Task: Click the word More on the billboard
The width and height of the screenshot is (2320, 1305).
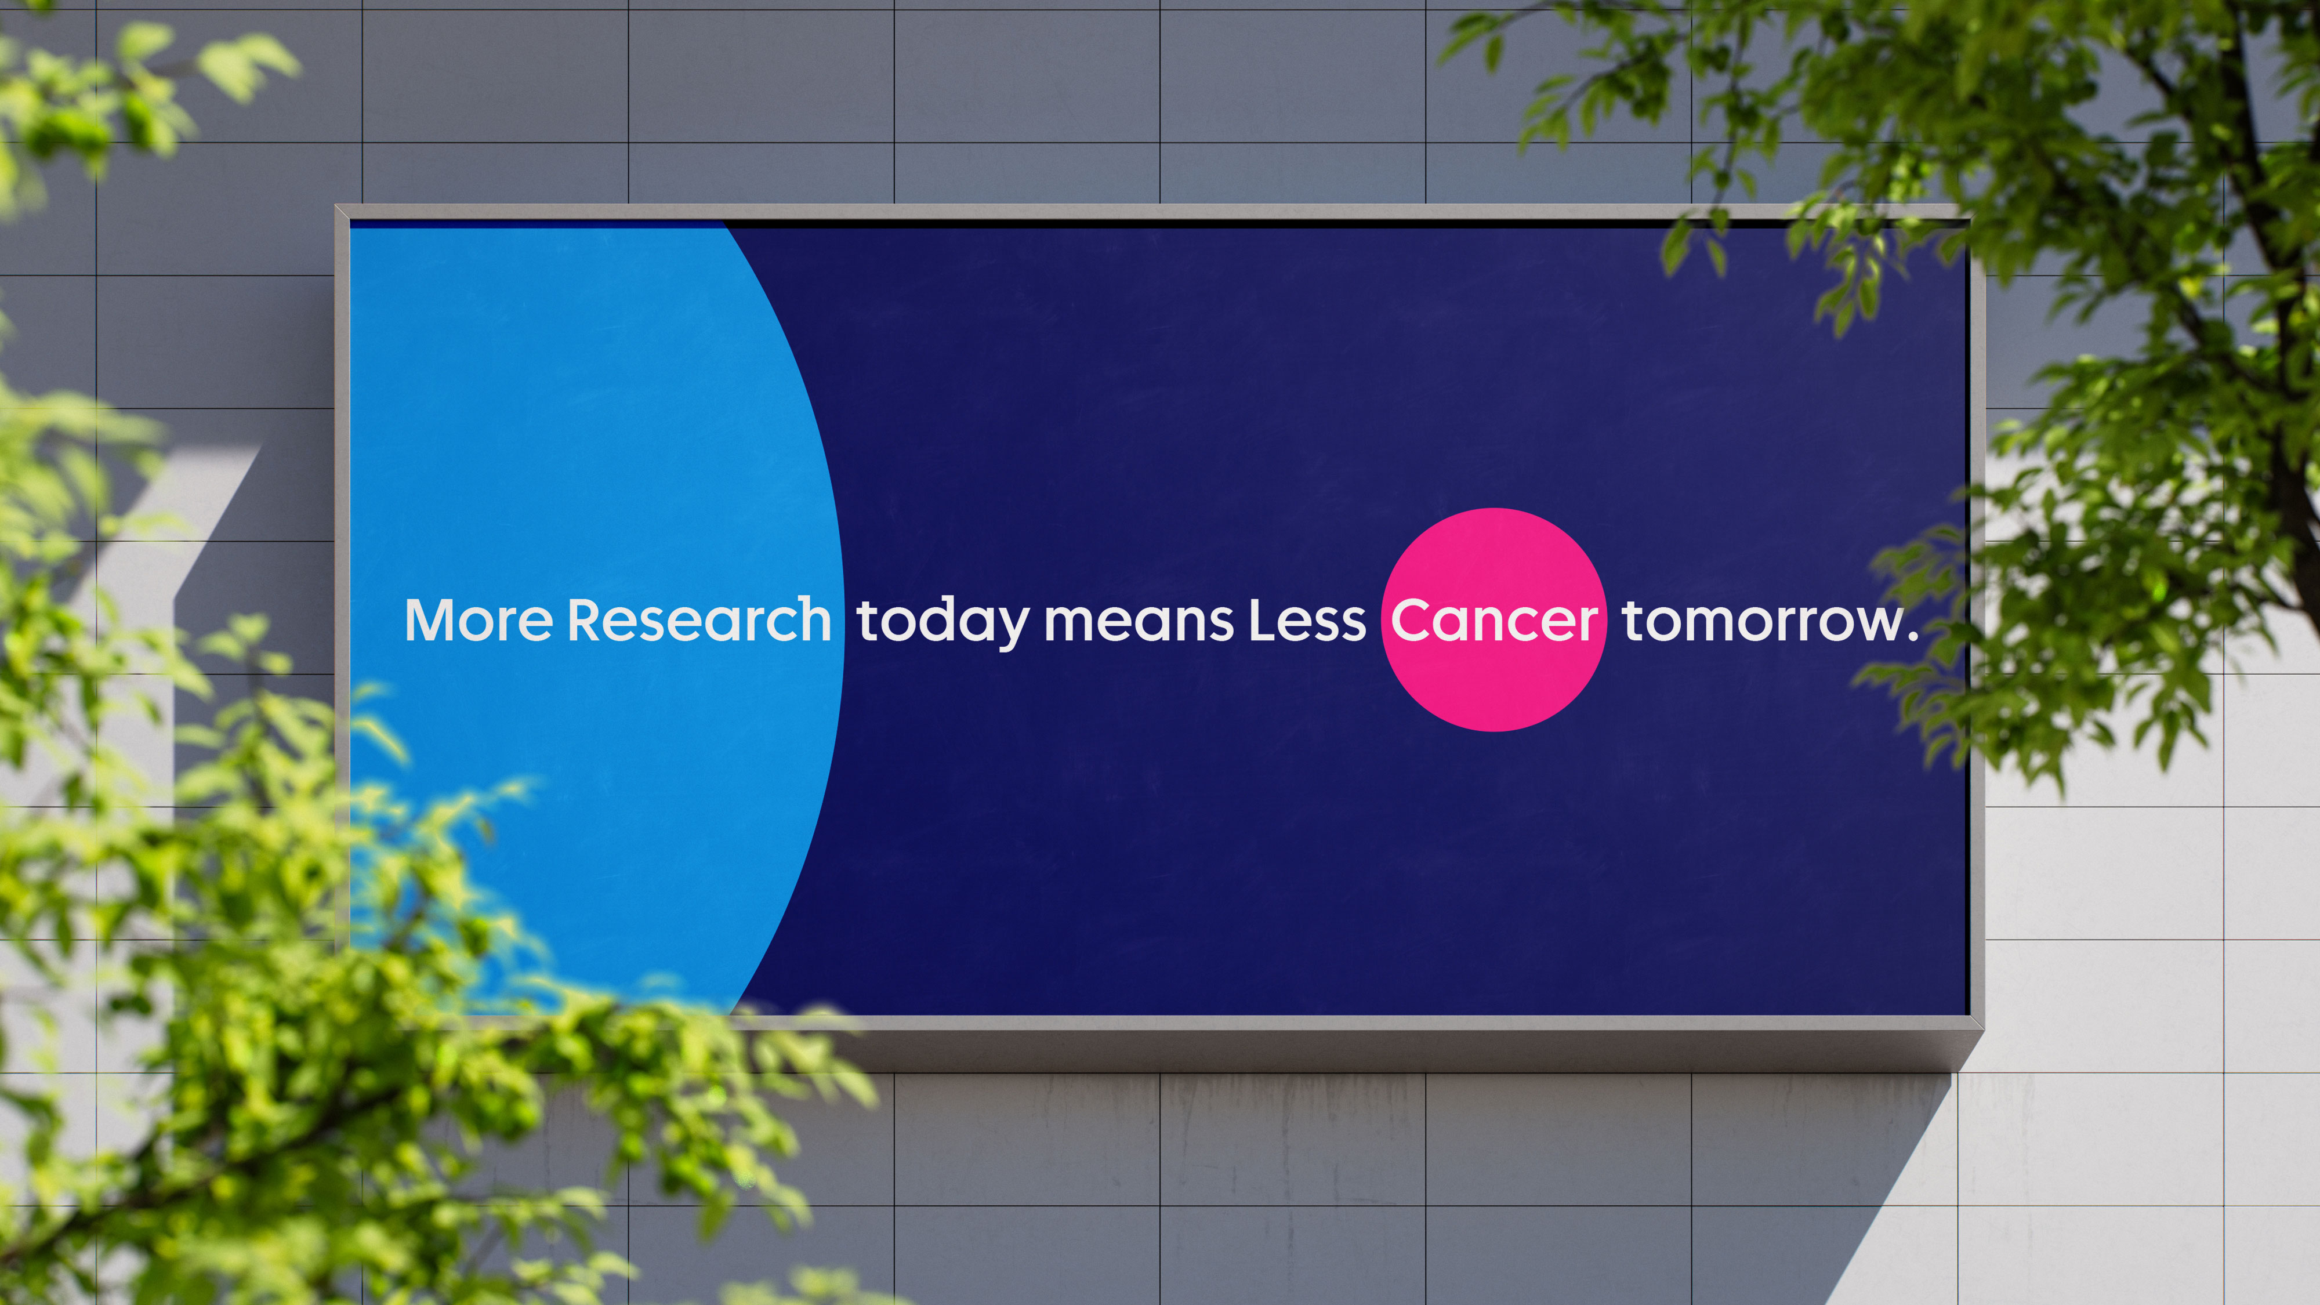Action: pos(478,621)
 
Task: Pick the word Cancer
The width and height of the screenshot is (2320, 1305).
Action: pos(1494,621)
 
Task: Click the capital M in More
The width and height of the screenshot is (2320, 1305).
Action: pos(432,621)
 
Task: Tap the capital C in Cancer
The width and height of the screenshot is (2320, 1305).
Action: pos(1412,621)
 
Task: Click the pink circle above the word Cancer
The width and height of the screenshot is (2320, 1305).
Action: pos(1494,549)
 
